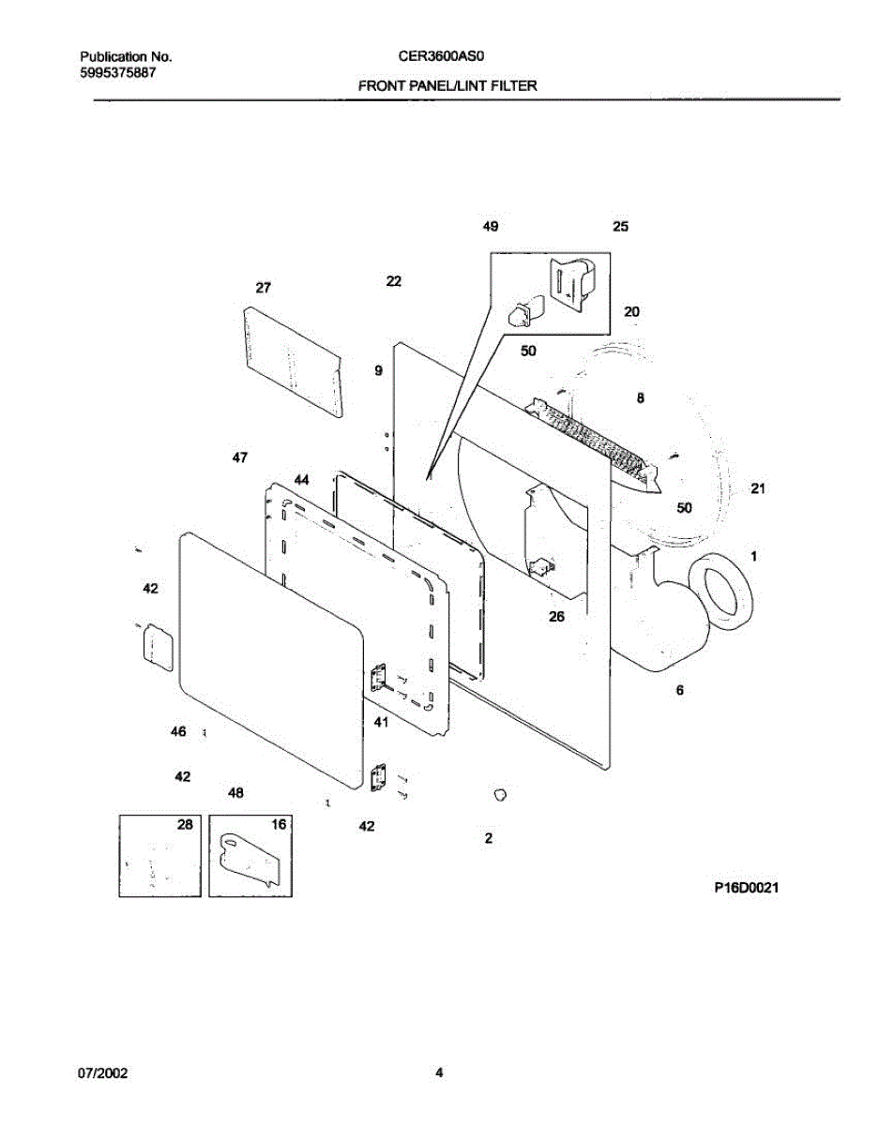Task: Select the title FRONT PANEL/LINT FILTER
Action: (x=447, y=85)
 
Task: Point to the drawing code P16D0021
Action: (x=746, y=886)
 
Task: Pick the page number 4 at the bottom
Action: (x=438, y=1074)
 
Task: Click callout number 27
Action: (x=263, y=287)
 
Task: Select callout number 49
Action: (x=491, y=226)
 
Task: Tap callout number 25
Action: (x=620, y=226)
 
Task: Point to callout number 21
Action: (x=758, y=488)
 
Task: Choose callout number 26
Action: (x=556, y=617)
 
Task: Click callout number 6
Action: (x=679, y=690)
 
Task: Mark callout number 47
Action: (x=240, y=457)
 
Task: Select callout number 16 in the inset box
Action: (x=279, y=824)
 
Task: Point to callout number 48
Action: (x=235, y=793)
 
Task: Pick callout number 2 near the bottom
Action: (x=489, y=838)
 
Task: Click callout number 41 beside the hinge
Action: (x=381, y=723)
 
